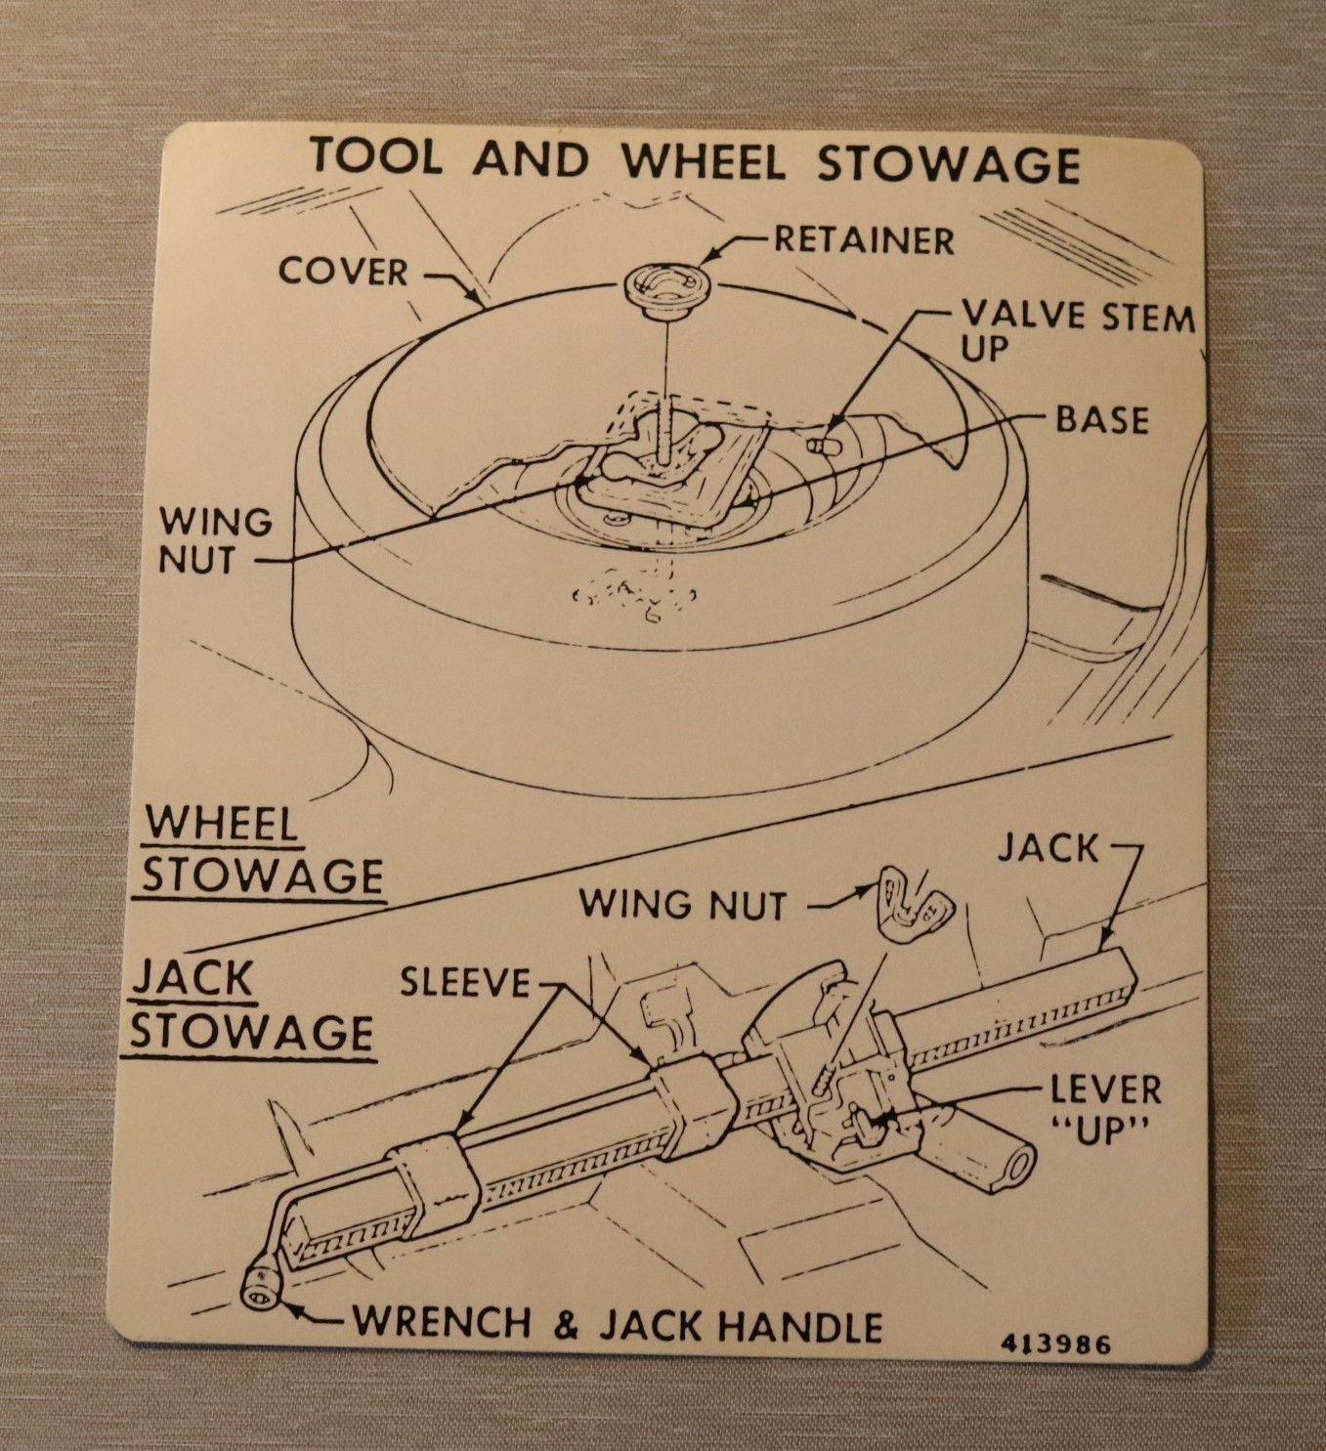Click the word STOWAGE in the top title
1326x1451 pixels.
point(948,164)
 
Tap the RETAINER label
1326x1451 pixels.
point(864,239)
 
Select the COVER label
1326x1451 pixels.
point(343,272)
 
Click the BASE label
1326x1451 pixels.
point(1102,420)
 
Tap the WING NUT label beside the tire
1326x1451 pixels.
point(215,540)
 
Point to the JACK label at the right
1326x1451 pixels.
point(1048,848)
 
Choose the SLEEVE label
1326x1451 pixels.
point(465,982)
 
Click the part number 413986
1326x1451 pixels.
point(1056,1344)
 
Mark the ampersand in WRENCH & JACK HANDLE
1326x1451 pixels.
point(565,1325)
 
